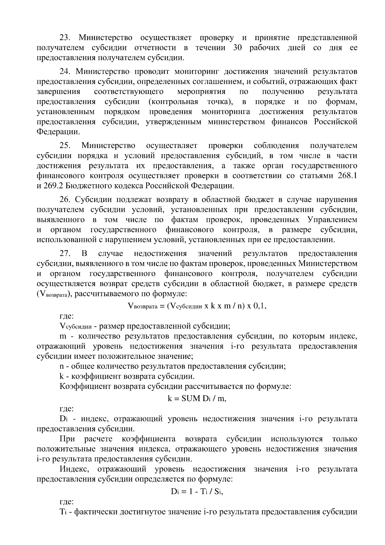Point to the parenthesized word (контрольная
tap(173, 102)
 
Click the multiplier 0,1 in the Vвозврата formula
tap(260, 306)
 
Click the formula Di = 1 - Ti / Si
tap(197, 492)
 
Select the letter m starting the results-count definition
tap(63, 336)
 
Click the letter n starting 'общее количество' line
tap(62, 366)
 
